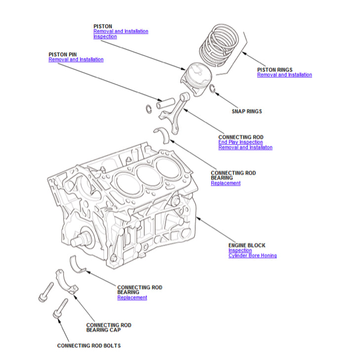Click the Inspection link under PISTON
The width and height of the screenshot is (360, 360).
pyautogui.click(x=105, y=37)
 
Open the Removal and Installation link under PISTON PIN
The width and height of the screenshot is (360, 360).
pyautogui.click(x=76, y=59)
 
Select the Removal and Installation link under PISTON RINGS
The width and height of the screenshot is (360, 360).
pyautogui.click(x=284, y=75)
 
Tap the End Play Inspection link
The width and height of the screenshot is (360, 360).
pyautogui.click(x=240, y=142)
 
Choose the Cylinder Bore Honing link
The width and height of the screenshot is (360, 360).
pyautogui.click(x=252, y=256)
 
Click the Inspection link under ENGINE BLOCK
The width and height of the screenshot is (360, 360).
pyautogui.click(x=240, y=250)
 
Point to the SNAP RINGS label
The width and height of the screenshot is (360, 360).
pyautogui.click(x=247, y=112)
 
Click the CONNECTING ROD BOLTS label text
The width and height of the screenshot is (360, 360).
pyautogui.click(x=89, y=346)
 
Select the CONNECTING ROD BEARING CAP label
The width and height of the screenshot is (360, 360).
pyautogui.click(x=109, y=327)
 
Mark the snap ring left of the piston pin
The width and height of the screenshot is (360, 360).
pyautogui.click(x=149, y=109)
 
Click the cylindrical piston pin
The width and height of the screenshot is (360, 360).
pyautogui.click(x=166, y=103)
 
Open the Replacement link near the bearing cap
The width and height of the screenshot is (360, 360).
pyautogui.click(x=132, y=298)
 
